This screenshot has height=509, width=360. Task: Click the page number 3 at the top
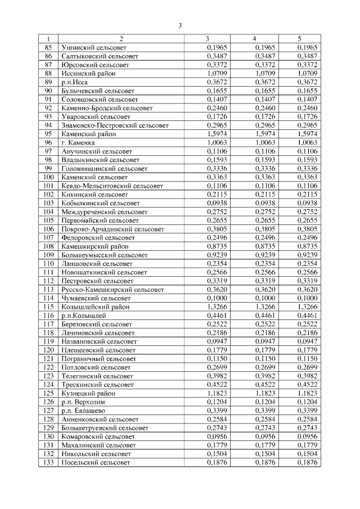click(179, 25)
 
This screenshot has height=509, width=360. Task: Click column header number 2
click(121, 39)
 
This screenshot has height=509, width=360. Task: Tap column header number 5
click(299, 39)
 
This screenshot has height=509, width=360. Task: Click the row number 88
click(48, 73)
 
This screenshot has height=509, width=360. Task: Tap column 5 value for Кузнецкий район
click(307, 393)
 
